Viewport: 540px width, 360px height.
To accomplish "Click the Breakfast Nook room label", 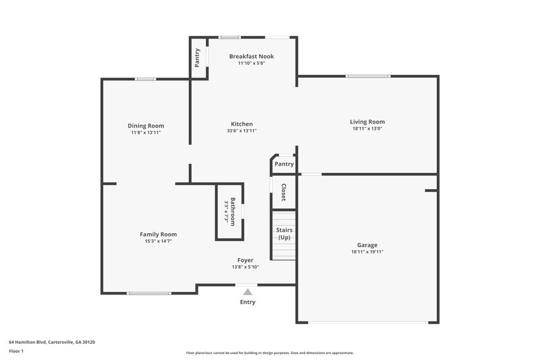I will [x=251, y=56].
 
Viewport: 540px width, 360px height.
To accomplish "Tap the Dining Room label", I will [x=146, y=126].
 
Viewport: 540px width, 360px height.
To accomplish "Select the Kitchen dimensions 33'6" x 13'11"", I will [x=242, y=131].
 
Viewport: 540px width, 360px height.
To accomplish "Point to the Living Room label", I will [x=367, y=122].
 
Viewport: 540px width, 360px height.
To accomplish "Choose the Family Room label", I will [x=158, y=234].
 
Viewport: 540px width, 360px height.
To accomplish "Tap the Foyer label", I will [x=245, y=260].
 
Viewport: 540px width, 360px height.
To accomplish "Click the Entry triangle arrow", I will [x=248, y=292].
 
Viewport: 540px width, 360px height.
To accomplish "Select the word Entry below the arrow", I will [x=248, y=302].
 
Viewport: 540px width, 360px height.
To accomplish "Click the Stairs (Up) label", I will [x=284, y=234].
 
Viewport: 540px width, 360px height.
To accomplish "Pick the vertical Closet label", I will [x=283, y=192].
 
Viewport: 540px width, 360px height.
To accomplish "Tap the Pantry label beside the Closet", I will [x=284, y=163].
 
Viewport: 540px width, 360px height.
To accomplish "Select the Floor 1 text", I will [x=17, y=351].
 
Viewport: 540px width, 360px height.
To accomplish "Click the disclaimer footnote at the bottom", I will [x=270, y=353].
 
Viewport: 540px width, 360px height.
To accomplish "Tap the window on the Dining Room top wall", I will [x=145, y=80].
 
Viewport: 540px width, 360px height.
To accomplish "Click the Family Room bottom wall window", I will [x=148, y=293].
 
